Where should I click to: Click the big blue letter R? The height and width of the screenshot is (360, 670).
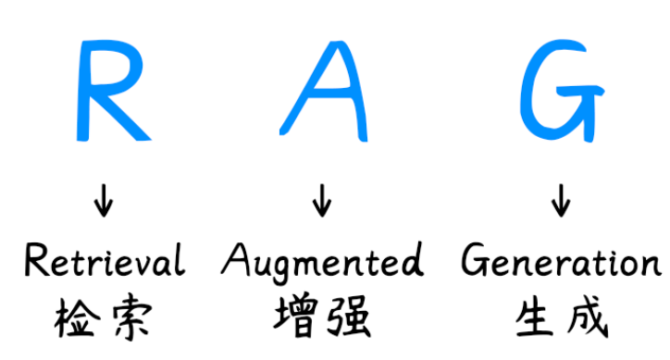(x=92, y=90)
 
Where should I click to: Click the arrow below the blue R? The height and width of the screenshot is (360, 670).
(x=104, y=201)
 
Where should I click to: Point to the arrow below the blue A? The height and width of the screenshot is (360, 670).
(x=322, y=201)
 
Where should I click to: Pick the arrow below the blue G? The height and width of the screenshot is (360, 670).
(x=561, y=201)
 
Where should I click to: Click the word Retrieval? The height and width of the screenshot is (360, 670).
(x=105, y=259)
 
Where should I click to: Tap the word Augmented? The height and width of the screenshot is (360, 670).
(x=323, y=262)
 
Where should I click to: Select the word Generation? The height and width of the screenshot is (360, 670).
(x=562, y=259)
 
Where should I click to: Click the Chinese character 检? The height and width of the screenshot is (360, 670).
(x=77, y=317)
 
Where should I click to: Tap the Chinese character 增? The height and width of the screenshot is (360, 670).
(x=296, y=317)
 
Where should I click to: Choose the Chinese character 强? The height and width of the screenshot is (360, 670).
(x=348, y=317)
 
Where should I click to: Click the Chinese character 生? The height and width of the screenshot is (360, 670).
(x=536, y=317)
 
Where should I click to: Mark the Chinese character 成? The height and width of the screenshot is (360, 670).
(x=588, y=317)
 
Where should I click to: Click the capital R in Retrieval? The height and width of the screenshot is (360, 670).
(x=35, y=259)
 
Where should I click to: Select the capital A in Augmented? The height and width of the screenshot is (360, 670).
(x=234, y=259)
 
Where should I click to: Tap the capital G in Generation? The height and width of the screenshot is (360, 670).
(x=475, y=259)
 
